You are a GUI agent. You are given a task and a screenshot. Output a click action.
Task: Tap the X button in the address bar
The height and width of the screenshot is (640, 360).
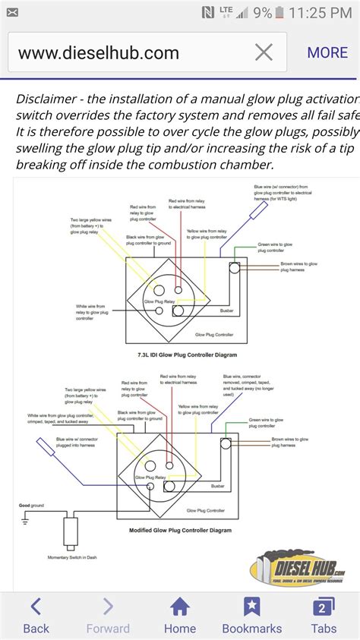[x=264, y=52]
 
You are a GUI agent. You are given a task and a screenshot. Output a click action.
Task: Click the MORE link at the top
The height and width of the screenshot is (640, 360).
[x=327, y=52]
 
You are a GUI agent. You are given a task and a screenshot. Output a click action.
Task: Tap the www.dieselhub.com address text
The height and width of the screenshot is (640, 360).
[x=99, y=53]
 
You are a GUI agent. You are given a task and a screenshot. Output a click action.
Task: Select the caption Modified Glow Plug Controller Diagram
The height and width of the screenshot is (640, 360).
[x=179, y=530]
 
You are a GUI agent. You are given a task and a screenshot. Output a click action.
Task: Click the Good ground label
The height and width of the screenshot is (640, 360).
[x=31, y=504]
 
